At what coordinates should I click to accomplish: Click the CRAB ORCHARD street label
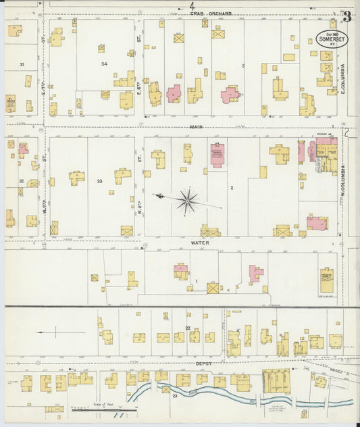point(210,13)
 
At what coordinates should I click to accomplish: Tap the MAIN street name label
point(197,126)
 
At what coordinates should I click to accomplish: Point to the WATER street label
point(200,242)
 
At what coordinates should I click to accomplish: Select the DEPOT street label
point(204,363)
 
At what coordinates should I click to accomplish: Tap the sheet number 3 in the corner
point(346,16)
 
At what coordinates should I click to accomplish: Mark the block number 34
point(104,64)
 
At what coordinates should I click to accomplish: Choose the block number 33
point(99,181)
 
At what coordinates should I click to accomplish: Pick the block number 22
point(187,328)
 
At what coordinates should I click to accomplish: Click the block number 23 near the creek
point(174,396)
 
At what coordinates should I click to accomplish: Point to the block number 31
point(22,64)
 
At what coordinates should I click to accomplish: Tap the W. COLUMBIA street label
point(342,180)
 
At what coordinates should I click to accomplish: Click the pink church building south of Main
point(217,155)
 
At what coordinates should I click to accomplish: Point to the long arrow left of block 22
point(61,332)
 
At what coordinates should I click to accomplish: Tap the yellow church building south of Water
point(328,280)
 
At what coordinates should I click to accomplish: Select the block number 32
point(22,181)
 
